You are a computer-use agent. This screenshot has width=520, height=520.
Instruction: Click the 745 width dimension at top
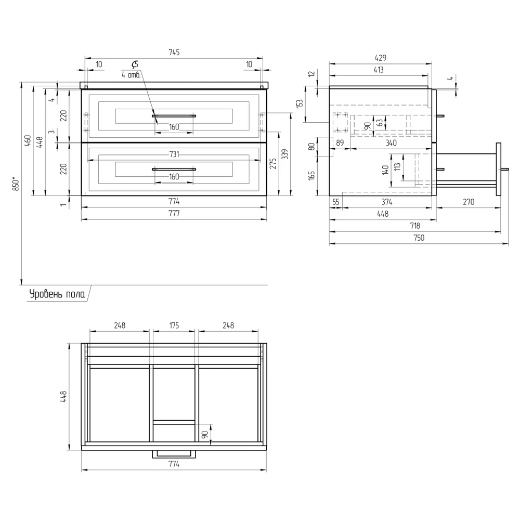174,53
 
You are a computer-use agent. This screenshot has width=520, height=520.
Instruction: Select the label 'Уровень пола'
57,294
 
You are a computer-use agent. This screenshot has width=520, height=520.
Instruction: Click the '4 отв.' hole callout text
131,75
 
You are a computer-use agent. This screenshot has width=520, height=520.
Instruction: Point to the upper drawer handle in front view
174,116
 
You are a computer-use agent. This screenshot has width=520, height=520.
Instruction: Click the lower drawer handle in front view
174,169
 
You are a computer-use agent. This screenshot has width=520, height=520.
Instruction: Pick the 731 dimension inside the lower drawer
174,154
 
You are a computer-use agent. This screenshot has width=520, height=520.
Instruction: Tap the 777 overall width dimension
174,213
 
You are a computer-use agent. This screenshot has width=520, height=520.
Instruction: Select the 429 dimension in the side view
381,58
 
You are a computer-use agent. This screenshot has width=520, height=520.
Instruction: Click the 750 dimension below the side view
419,238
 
